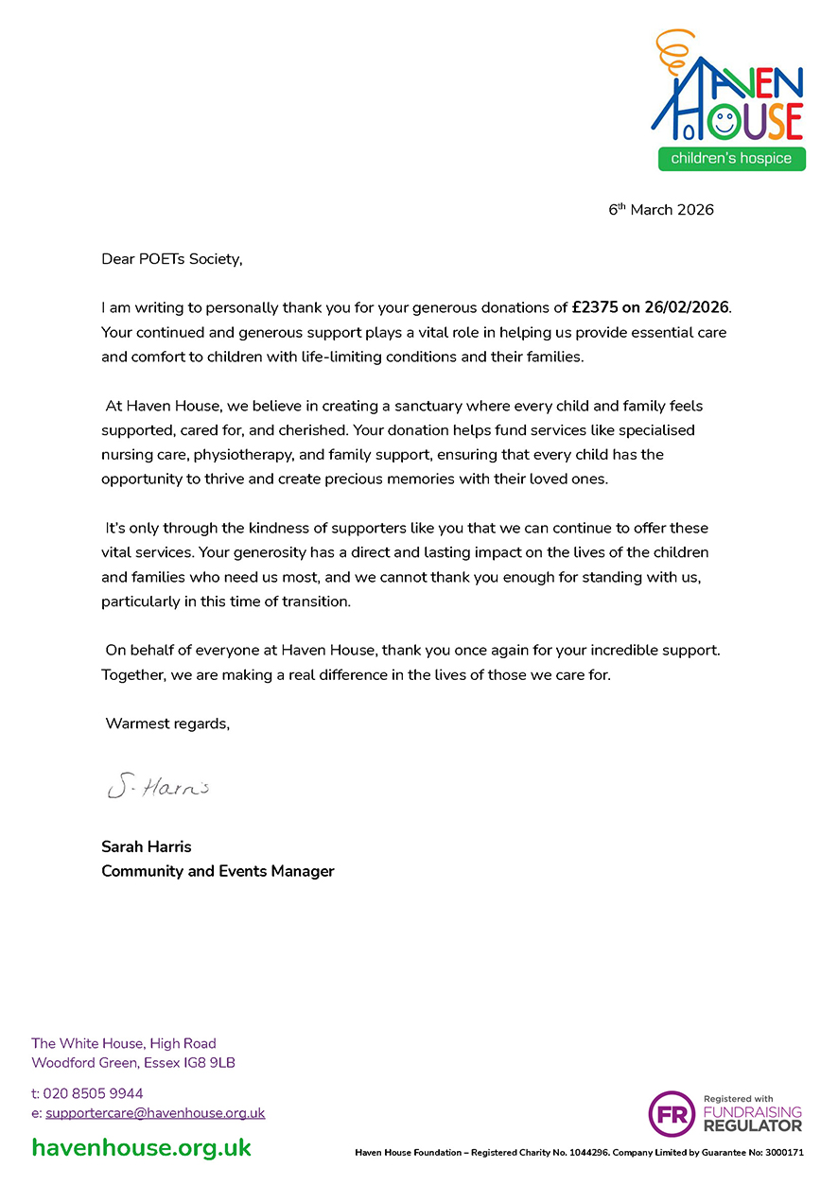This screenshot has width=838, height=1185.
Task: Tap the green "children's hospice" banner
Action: click(731, 158)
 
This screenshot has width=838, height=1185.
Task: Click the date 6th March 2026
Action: click(660, 210)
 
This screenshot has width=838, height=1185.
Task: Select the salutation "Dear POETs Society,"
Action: click(172, 258)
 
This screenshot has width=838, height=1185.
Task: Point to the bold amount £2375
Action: click(594, 307)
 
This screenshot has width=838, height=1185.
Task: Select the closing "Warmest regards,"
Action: click(167, 724)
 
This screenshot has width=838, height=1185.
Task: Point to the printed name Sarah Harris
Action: click(147, 846)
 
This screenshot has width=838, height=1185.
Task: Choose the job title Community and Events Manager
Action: click(218, 871)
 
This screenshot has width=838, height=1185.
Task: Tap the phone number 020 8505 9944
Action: click(93, 1093)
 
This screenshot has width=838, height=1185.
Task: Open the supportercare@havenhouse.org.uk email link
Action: click(155, 1113)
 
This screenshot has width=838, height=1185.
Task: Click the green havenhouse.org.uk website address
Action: click(142, 1148)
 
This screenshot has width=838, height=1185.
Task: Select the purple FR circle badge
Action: click(672, 1113)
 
